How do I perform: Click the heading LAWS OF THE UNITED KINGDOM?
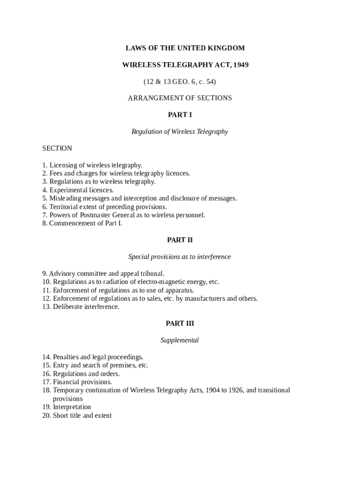coord(185,48)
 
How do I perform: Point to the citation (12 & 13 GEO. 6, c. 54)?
coord(180,82)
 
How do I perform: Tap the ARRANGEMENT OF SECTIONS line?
coord(180,98)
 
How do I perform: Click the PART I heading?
coord(180,115)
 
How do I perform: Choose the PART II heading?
coord(180,240)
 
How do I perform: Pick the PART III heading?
coord(180,324)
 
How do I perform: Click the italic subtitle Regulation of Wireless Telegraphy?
coord(180,131)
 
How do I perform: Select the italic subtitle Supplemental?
coord(180,340)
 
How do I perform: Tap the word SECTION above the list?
coord(57,148)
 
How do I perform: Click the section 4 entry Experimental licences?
coord(78,190)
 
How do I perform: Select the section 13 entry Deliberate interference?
coord(81,307)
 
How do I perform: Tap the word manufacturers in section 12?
coord(204,298)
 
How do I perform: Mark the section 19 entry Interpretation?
coord(67,407)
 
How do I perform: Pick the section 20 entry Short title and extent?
coord(77,415)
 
